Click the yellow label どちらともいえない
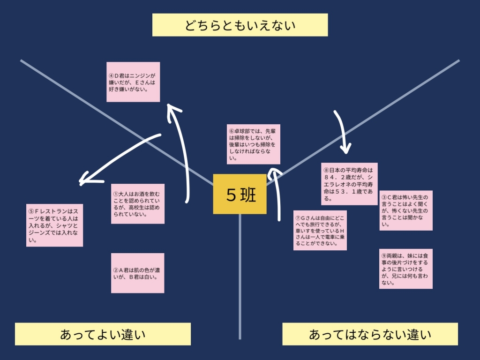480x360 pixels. pos(240,25)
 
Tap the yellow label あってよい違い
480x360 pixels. pos(103,334)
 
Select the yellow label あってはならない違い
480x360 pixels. pos(370,334)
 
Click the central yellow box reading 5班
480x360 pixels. pos(240,194)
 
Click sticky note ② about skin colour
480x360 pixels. pos(138,273)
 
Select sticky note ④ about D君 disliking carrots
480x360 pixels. pos(133,82)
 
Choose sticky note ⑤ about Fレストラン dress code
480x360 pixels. pos(55,225)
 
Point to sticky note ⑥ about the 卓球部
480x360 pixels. pos(254,144)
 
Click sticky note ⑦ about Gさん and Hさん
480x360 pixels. pos(320,230)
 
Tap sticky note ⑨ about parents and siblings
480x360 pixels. pos(406,268)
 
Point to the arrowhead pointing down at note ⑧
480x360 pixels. pos(346,149)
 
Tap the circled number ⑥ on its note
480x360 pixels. pos(231,131)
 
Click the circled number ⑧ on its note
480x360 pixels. pos(326,170)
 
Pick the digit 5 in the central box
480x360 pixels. pos(232,195)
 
